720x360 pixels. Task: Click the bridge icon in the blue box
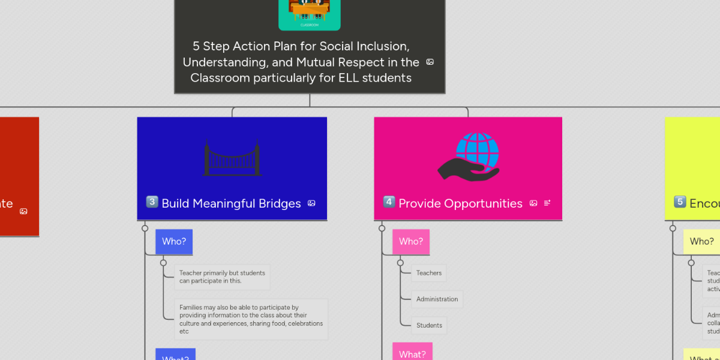[232, 158]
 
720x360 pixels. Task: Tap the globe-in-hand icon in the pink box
[469, 157]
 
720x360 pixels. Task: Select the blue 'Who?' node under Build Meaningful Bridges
[174, 242]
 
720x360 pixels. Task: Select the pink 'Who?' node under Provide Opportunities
[411, 242]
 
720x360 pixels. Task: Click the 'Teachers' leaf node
[429, 273]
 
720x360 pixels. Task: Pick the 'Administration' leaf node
[437, 299]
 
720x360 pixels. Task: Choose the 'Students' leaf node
[429, 326]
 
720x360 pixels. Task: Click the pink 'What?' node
[412, 354]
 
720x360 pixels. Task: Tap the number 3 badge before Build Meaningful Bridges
[152, 202]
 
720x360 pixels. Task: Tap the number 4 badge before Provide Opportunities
[389, 202]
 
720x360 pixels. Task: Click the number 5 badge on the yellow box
[680, 202]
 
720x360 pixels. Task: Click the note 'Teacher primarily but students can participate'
[222, 277]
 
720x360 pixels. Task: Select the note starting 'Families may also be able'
[251, 319]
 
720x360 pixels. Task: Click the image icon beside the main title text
[430, 62]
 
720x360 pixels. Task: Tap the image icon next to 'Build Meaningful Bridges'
[311, 203]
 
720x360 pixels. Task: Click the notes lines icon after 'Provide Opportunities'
[547, 203]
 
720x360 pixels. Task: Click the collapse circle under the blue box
[145, 228]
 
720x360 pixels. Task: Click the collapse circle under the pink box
[382, 228]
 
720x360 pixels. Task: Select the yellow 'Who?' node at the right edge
[701, 242]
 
